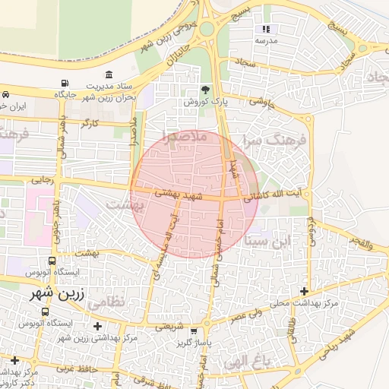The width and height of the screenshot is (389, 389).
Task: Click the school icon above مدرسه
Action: pos(266,29)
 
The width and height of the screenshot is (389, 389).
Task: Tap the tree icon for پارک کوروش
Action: pos(205,90)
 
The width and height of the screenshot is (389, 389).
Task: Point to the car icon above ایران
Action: pos(6,95)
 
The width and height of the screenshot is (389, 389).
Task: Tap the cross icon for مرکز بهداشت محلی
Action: pos(305,291)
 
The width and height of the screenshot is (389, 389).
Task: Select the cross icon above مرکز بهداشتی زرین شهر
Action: pos(97,327)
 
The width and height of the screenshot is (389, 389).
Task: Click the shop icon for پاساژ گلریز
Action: pos(194,331)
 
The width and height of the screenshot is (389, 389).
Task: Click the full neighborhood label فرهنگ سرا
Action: pos(274,141)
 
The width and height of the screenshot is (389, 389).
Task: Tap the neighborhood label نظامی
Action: pos(104,302)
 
